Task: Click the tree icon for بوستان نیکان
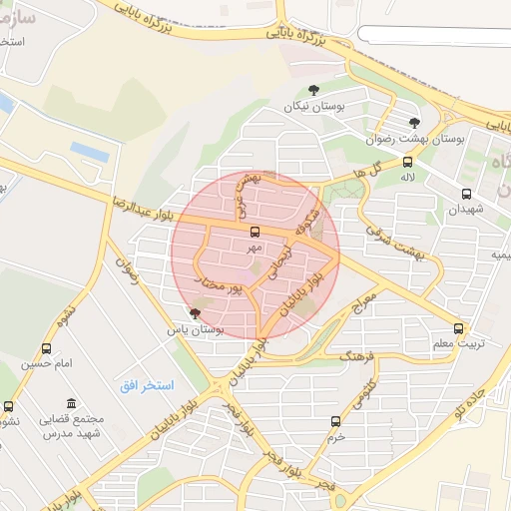point(315,90)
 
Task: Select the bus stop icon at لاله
point(407,162)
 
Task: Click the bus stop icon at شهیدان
point(467,195)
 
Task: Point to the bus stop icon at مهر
point(254,231)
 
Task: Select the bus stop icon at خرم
point(335,421)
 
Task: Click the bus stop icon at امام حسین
point(47,348)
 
